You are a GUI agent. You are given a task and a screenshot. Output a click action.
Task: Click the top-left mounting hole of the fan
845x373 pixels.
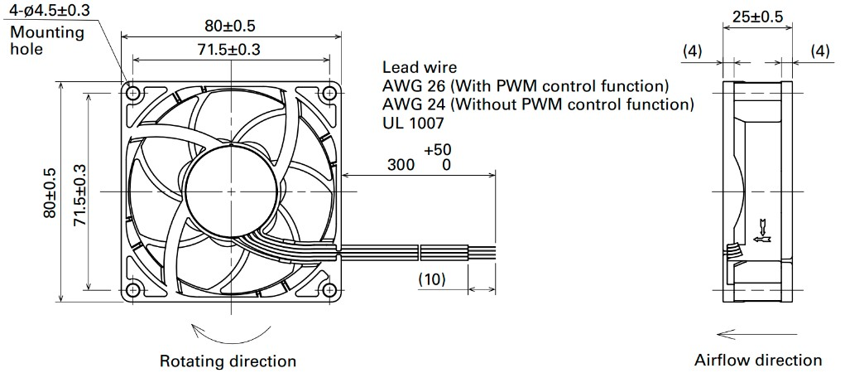pyautogui.click(x=132, y=94)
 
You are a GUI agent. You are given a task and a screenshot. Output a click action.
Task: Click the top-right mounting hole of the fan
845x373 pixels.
pyautogui.click(x=329, y=94)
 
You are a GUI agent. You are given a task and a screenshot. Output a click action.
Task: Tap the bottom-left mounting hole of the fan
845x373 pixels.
pyautogui.click(x=132, y=290)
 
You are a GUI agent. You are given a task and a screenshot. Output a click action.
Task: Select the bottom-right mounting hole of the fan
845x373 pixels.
pyautogui.click(x=329, y=290)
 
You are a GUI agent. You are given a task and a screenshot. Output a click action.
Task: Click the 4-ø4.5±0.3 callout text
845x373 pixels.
pyautogui.click(x=50, y=9)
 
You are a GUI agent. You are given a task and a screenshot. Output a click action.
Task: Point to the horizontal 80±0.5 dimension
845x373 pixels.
pyautogui.click(x=230, y=26)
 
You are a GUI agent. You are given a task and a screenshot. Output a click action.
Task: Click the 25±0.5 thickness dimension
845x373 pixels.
pyautogui.click(x=757, y=17)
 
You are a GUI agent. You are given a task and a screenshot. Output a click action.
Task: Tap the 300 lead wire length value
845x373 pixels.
pyautogui.click(x=401, y=165)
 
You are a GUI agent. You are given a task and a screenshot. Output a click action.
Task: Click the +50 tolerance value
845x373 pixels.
pyautogui.click(x=438, y=149)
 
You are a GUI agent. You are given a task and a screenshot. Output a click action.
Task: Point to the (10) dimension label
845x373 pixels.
pyautogui.click(x=432, y=279)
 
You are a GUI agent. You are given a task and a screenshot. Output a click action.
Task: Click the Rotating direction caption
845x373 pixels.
pyautogui.click(x=228, y=361)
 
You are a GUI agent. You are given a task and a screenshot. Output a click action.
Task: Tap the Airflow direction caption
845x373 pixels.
pyautogui.click(x=758, y=360)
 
